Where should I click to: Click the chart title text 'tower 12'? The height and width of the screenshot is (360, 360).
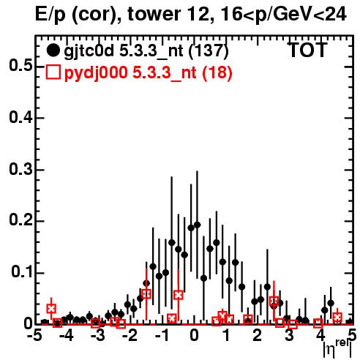tap(170, 15)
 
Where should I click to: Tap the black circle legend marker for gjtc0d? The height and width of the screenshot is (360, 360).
tap(53, 50)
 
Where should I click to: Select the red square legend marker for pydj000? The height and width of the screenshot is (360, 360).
tap(53, 72)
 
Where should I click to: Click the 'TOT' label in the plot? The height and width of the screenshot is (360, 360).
tap(308, 50)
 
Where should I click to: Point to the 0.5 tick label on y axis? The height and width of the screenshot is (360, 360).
tap(20, 66)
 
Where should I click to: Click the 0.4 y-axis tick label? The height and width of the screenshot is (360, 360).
tap(20, 118)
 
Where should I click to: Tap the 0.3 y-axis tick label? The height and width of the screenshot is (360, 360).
tap(20, 169)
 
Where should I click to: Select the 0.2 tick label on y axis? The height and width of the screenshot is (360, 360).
tap(20, 221)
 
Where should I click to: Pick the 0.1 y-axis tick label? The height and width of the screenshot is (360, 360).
tap(21, 272)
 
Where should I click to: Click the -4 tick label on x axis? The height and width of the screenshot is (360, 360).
tap(66, 336)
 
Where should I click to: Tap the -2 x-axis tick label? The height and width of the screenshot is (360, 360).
tap(130, 336)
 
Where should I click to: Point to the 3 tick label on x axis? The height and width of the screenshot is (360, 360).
tap(289, 336)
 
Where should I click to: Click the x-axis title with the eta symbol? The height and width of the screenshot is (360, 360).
tap(337, 348)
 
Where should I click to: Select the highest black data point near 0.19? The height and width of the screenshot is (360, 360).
tap(198, 225)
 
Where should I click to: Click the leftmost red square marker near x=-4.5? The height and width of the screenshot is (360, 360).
tap(51, 309)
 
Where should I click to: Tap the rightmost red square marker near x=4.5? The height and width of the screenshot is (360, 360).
tap(337, 318)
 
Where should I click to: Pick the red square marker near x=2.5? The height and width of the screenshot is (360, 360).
tap(274, 301)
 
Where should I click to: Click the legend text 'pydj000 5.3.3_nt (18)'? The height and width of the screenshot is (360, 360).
tap(148, 72)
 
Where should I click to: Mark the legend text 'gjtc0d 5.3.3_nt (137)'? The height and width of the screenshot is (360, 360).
tap(146, 51)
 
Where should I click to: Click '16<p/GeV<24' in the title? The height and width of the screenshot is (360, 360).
tap(283, 15)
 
